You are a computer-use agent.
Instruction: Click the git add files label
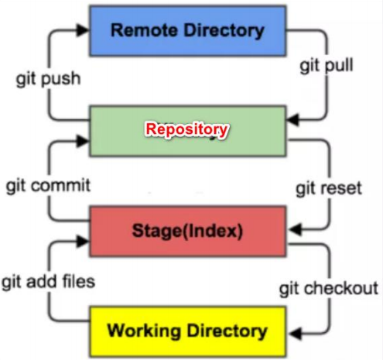pos(48,281)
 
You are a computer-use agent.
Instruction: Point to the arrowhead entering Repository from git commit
pos(83,142)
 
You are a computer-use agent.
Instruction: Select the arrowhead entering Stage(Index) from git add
pos(83,241)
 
